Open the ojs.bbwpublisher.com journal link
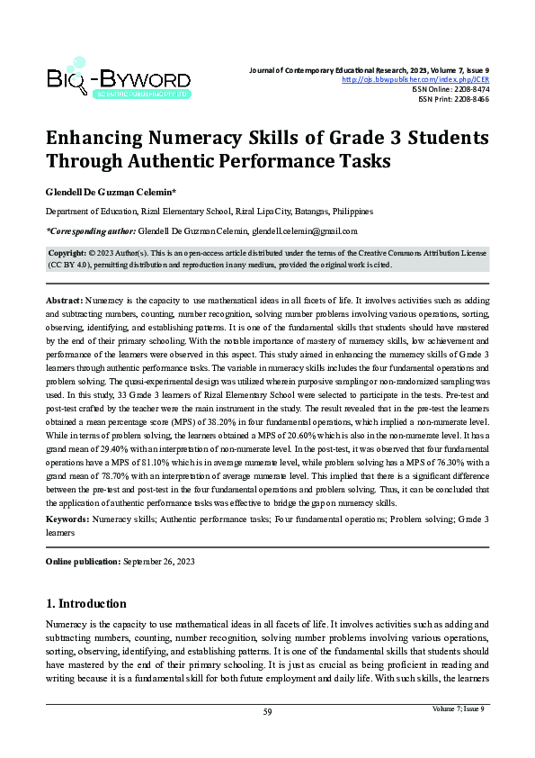point(416,79)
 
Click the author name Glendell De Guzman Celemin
point(110,193)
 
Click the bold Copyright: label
point(67,255)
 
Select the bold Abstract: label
point(65,298)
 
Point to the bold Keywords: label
point(67,520)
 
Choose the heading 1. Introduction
point(86,603)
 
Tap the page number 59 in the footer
point(267,712)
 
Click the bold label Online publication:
point(83,562)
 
